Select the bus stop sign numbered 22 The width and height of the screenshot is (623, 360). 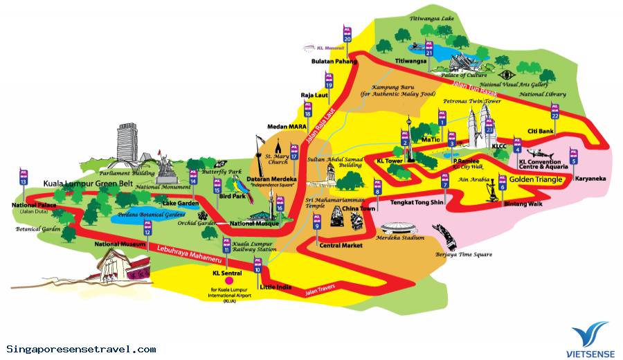click(x=554, y=111)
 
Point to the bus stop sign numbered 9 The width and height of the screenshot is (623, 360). click(x=317, y=222)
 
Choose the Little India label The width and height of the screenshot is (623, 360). click(x=276, y=287)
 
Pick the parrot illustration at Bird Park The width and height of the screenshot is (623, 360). click(x=242, y=188)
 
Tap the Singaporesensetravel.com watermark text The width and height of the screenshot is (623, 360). click(x=81, y=349)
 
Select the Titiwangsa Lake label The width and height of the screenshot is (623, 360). click(x=435, y=19)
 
